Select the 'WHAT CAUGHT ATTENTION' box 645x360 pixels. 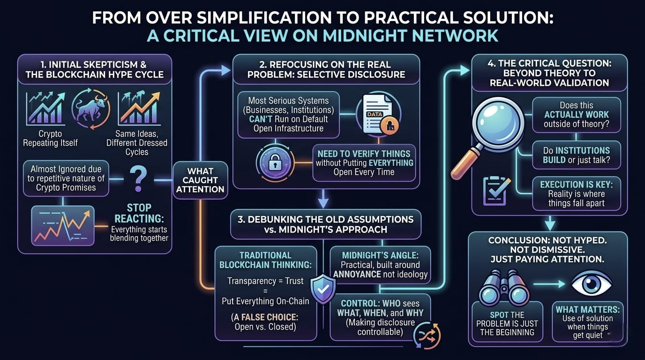(x=200, y=180)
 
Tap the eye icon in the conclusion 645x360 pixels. (x=591, y=284)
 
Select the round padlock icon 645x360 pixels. (x=275, y=163)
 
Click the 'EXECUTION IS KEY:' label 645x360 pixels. (x=577, y=185)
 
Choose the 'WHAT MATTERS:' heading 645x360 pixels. (x=587, y=309)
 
